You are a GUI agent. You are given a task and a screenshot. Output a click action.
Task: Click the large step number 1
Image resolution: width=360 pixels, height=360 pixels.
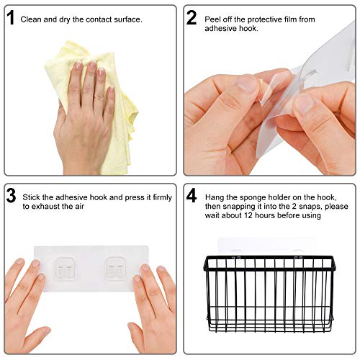pyautogui.click(x=11, y=18)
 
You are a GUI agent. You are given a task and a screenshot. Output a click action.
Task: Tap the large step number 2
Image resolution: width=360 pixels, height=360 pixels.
pyautogui.click(x=191, y=18)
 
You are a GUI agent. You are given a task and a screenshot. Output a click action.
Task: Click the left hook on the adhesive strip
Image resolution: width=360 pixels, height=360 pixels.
pyautogui.click(x=66, y=266)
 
